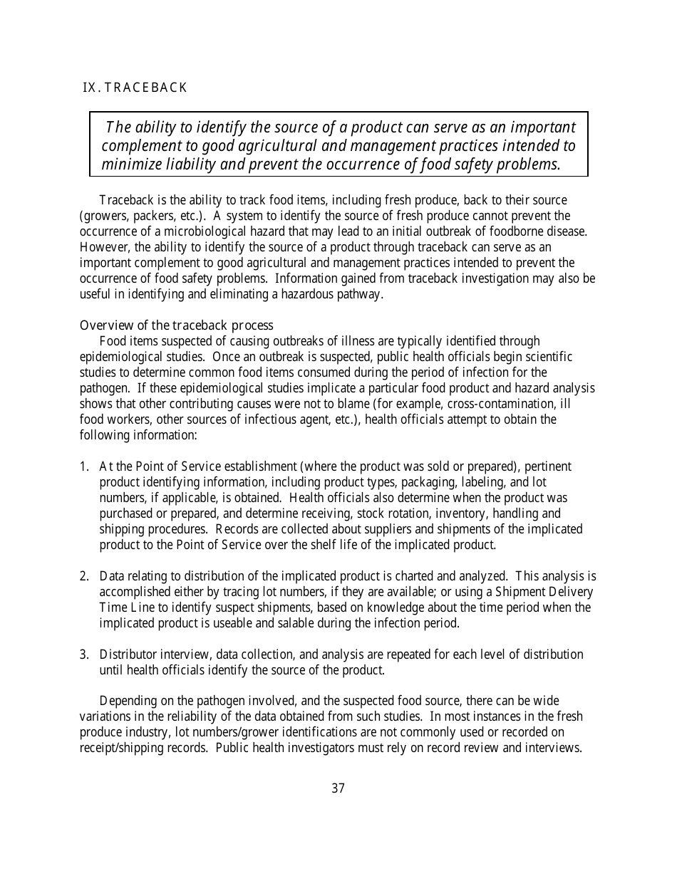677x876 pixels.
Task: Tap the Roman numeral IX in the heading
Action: (90, 88)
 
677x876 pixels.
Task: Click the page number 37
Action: (338, 788)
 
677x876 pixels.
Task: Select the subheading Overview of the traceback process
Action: (176, 325)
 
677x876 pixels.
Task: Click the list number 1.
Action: (83, 466)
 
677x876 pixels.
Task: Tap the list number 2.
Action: (83, 576)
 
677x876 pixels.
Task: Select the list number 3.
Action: (83, 655)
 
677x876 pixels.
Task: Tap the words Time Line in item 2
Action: (123, 608)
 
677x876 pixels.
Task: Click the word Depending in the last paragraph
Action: (128, 702)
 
